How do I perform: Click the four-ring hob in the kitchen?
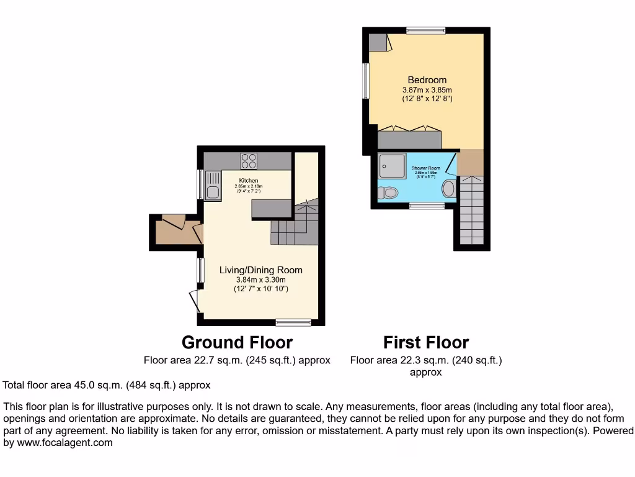[x=249, y=160]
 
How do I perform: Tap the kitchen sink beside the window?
[x=213, y=185]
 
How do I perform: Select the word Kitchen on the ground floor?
[x=248, y=180]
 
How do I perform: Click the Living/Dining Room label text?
[x=260, y=270]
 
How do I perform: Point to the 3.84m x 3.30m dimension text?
[x=260, y=279]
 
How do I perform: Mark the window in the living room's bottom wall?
[x=293, y=322]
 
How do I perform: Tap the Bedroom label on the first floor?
[x=427, y=80]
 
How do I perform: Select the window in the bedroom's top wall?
[x=425, y=30]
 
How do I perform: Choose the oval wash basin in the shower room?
[x=448, y=189]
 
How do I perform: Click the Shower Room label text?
[x=425, y=168]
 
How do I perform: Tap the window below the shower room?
[x=427, y=205]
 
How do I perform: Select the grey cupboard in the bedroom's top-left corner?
[x=376, y=42]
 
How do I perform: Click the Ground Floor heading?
[x=237, y=342]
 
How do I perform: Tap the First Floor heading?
[x=426, y=342]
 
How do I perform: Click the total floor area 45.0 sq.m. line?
[x=107, y=385]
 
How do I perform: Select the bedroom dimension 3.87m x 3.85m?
[x=427, y=90]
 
